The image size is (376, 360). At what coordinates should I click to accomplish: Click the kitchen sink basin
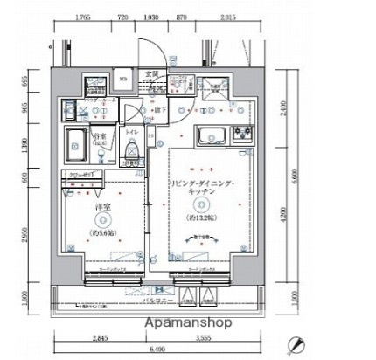tap(212, 136)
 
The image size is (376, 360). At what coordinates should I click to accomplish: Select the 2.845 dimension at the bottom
tap(99, 337)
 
